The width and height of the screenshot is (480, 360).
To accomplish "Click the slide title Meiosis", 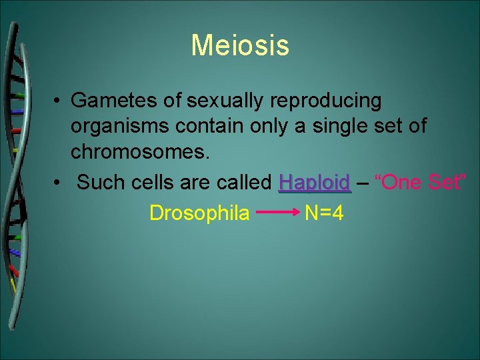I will tap(240, 45).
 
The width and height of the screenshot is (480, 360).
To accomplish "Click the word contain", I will tap(199, 125).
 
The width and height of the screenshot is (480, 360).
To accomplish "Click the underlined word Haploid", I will tap(315, 182).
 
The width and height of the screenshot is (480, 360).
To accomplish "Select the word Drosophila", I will tap(199, 213).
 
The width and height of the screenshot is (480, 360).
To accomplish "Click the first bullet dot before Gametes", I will tap(59, 101).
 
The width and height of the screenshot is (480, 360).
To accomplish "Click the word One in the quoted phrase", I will tap(406, 181).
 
